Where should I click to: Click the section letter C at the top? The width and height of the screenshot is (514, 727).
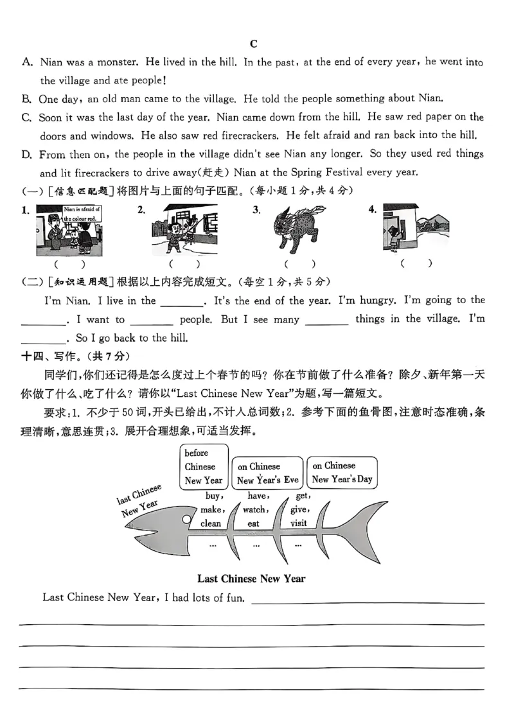pos(253,44)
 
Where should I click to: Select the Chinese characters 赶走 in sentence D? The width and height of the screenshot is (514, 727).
pos(207,173)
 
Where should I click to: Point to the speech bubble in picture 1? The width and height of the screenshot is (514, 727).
pos(82,214)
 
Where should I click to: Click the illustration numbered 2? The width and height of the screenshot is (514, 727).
pos(184,230)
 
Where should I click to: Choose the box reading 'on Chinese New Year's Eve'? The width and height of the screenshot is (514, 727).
pos(267,473)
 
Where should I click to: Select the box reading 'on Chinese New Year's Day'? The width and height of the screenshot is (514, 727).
pos(342,473)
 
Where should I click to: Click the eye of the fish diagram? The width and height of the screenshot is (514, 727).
pos(186,518)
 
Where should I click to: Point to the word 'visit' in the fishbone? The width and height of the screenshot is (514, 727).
pos(298,523)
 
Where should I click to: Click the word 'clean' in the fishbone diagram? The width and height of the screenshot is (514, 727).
pos(210,523)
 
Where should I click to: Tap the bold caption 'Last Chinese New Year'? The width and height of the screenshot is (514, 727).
pos(251,579)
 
